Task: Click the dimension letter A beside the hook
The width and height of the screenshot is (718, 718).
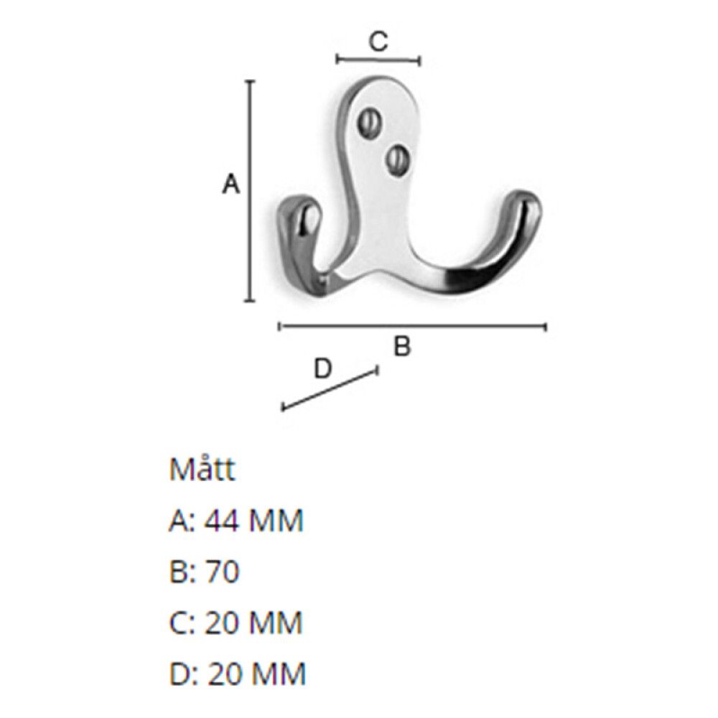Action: point(230,185)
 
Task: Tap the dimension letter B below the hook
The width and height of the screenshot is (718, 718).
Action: point(402,346)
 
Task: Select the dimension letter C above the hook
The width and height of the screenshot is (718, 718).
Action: point(378,41)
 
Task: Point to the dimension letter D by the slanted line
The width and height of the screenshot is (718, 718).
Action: point(322,368)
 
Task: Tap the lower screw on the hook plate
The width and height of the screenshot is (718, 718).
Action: point(396,160)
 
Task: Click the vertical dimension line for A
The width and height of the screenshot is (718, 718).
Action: point(250,190)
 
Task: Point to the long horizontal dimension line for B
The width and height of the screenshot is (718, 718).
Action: point(413,327)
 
